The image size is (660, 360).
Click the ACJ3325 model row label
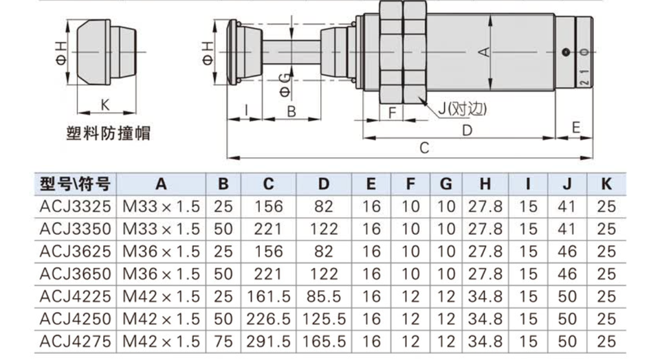click(x=76, y=207)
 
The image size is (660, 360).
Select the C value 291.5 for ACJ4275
click(x=269, y=341)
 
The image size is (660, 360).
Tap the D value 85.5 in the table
click(x=324, y=297)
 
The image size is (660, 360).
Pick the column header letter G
click(x=445, y=184)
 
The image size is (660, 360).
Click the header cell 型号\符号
click(x=76, y=184)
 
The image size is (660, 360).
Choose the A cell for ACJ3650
click(x=161, y=274)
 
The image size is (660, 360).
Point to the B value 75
click(x=223, y=341)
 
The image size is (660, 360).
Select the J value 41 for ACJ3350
click(x=566, y=229)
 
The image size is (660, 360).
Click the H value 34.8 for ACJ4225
click(x=485, y=297)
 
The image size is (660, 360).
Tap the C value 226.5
click(x=269, y=319)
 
